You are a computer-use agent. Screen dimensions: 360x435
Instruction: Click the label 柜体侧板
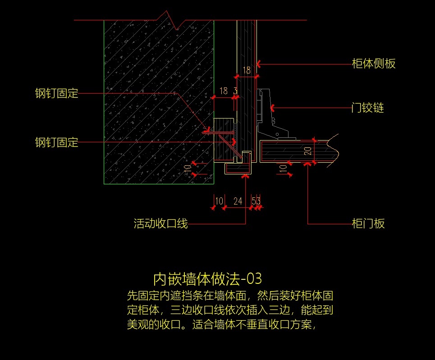[373, 64]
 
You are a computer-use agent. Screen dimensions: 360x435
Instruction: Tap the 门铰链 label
[367, 108]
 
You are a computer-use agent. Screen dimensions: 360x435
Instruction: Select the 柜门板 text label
[368, 223]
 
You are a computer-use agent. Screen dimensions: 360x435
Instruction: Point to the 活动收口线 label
[160, 223]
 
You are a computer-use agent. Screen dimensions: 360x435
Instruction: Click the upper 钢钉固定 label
[57, 94]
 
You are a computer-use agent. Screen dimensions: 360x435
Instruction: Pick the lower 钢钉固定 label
[57, 143]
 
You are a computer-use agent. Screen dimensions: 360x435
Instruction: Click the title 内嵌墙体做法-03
[207, 279]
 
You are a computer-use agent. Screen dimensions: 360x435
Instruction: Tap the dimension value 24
[238, 201]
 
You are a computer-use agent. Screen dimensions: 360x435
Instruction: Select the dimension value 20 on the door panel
[308, 151]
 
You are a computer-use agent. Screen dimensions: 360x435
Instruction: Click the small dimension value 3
[235, 91]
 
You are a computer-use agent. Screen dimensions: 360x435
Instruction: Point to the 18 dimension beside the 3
[223, 91]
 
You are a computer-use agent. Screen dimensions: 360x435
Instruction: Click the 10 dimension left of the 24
[219, 201]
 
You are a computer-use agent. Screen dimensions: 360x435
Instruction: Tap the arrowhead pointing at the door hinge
[272, 108]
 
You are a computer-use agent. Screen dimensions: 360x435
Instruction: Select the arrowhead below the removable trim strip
[246, 177]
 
